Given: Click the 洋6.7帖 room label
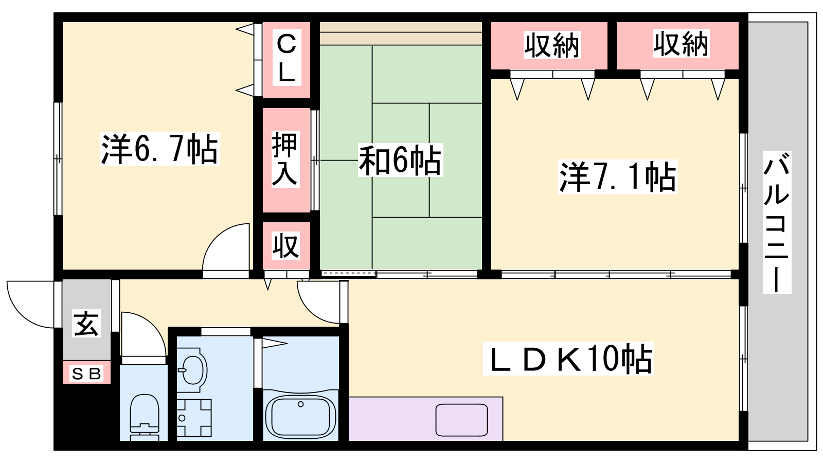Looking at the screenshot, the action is pos(159,149).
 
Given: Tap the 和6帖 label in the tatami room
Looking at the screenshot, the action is pos(400,160).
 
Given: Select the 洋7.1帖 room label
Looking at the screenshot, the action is pos(618,177).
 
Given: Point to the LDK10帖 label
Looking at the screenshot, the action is pos(568,359).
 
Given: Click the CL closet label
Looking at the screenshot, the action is pos(287,57).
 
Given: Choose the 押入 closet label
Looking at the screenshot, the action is pos(285,159).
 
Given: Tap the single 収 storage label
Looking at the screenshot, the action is pos(286,245).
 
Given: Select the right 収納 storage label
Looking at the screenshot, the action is pos(681,44).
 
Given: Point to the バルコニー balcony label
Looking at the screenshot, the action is pos(777,223).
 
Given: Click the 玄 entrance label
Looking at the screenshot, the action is pos(86,324).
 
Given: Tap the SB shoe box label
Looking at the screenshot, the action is pos(87,373).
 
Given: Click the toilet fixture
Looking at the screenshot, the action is pos(145,417).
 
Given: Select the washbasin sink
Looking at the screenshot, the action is pos(192,370).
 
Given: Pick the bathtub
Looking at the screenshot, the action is pos(300,415).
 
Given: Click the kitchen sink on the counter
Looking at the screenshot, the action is pos(461,420).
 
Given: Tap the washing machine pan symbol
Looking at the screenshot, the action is pos(194,418).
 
